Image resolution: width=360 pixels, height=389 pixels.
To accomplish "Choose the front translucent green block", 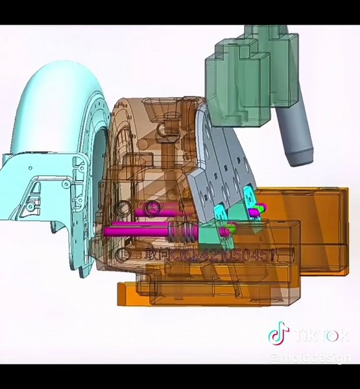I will (x=234, y=91).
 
